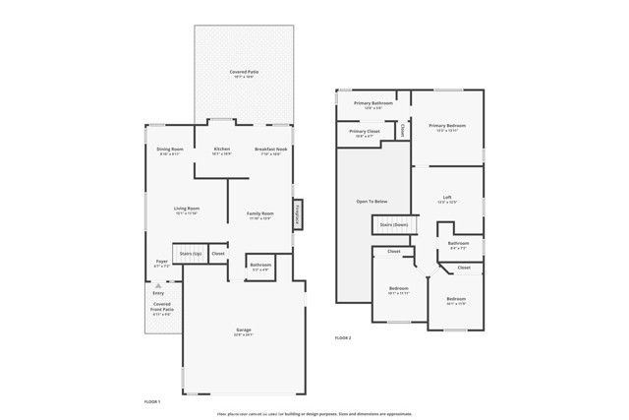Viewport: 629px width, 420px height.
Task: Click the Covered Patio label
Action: pyautogui.click(x=245, y=73)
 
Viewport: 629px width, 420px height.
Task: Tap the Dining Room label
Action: pyautogui.click(x=170, y=150)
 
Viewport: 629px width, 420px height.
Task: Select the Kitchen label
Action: pyautogui.click(x=221, y=150)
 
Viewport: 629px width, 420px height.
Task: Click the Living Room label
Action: pyautogui.click(x=187, y=209)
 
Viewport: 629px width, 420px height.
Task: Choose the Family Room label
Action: pyautogui.click(x=260, y=214)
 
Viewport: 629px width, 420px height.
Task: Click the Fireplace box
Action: pyautogui.click(x=297, y=214)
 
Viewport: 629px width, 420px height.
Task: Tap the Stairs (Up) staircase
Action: pyautogui.click(x=190, y=253)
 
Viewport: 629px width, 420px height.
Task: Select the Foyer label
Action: pyautogui.click(x=162, y=263)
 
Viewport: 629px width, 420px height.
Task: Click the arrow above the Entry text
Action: pyautogui.click(x=158, y=285)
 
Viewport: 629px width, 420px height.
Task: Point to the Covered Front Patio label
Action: pyautogui.click(x=161, y=308)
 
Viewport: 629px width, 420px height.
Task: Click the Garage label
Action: pyautogui.click(x=243, y=330)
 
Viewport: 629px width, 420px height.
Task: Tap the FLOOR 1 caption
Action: pyautogui.click(x=151, y=402)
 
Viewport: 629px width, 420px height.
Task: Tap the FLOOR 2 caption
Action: pyautogui.click(x=343, y=337)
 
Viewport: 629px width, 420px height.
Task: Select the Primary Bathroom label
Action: pyautogui.click(x=374, y=103)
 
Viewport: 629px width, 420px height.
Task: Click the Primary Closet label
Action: pyautogui.click(x=365, y=133)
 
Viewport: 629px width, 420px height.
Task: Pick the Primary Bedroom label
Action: pyautogui.click(x=447, y=127)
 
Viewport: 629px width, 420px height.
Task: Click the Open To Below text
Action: pyautogui.click(x=372, y=201)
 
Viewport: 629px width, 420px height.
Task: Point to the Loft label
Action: pyautogui.click(x=447, y=198)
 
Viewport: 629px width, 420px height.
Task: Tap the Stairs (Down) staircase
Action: pyautogui.click(x=394, y=225)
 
